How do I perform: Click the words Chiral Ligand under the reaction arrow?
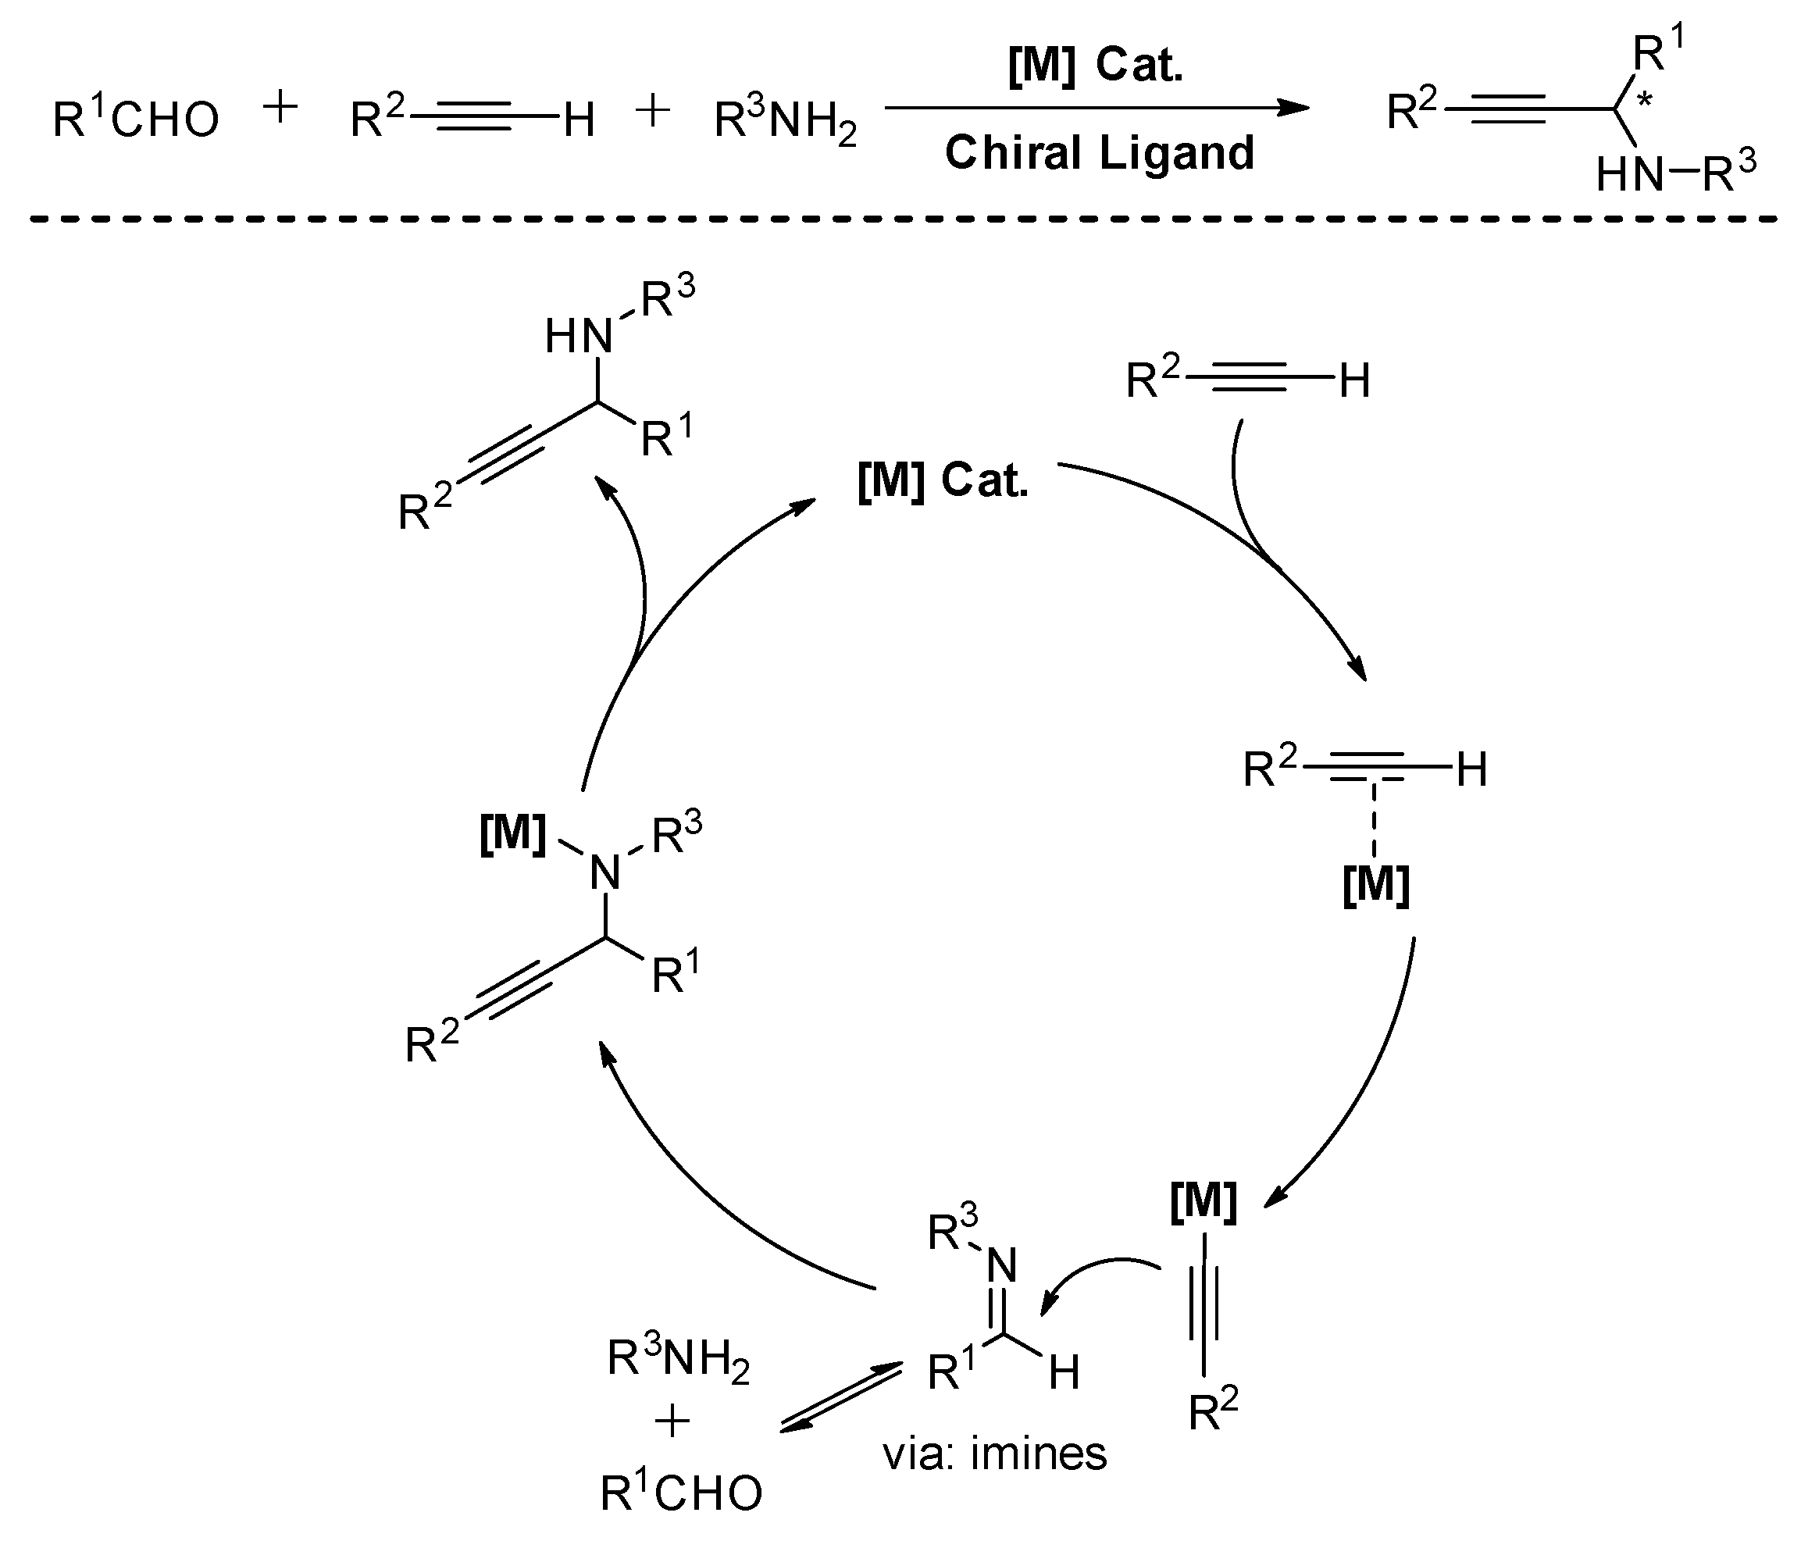[x=1100, y=154]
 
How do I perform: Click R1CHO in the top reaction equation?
[x=136, y=119]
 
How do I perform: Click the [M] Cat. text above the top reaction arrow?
[x=1096, y=66]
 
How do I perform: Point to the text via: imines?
[x=995, y=1454]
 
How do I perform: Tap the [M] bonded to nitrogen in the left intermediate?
[x=513, y=833]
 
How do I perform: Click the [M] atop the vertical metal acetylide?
[x=1204, y=1201]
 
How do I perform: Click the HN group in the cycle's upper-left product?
[x=578, y=336]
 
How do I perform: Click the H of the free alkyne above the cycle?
[x=1354, y=381]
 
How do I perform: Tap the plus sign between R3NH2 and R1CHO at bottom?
[x=672, y=1422]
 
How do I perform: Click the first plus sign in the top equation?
[x=281, y=110]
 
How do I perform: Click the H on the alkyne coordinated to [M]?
[x=1472, y=770]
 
